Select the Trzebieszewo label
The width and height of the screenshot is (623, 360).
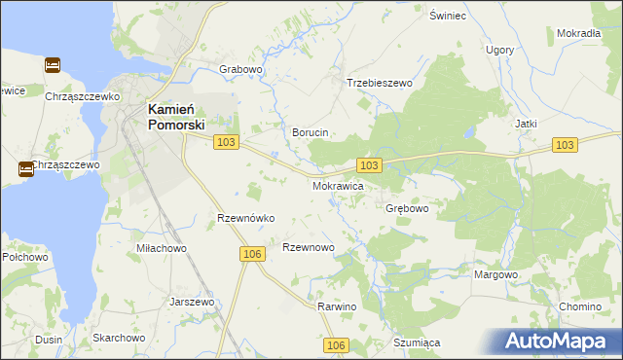coord(380,84)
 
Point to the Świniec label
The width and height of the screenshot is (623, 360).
coord(449,17)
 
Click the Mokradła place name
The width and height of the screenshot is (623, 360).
coord(578,33)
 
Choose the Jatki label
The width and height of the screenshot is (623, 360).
coord(527,125)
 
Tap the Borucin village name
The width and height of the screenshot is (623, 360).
coord(311,132)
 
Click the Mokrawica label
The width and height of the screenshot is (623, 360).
coord(338,185)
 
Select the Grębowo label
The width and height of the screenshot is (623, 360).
coord(407,208)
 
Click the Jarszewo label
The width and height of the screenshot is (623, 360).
coord(191,302)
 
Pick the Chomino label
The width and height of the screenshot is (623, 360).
coord(580,306)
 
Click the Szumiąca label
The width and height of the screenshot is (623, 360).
coord(418,342)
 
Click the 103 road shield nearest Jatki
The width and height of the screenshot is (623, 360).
coord(564,144)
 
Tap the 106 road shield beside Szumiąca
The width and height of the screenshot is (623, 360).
coord(336,345)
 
